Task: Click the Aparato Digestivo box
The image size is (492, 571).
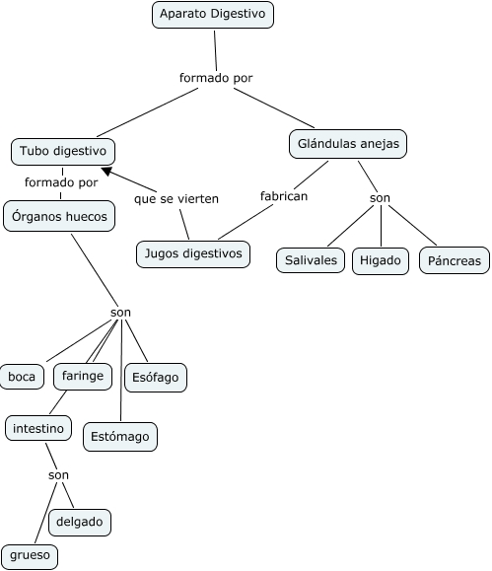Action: coord(213,15)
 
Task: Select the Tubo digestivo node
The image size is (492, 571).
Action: coord(63,152)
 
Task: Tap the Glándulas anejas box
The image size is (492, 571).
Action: coord(348,144)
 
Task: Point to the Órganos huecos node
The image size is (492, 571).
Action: coord(59,216)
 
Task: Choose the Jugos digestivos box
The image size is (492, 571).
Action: coord(193,254)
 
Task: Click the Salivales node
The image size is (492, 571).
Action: coord(311,260)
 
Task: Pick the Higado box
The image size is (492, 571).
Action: coord(381,260)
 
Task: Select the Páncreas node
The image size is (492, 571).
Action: coord(455,260)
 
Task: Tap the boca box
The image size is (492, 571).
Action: coord(22,377)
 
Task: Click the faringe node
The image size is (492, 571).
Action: coord(83,376)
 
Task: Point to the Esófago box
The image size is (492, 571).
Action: coord(156,378)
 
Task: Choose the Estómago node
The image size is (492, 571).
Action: coord(120,437)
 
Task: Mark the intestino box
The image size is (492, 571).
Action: coord(38,428)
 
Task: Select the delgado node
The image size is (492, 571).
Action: coord(80,523)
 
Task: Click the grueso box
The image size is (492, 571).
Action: coord(30,556)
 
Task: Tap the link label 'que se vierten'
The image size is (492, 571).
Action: coord(176,199)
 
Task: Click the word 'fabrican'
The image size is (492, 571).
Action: coord(284,196)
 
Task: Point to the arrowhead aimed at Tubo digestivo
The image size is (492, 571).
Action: coord(106,171)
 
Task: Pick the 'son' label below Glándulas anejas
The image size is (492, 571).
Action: coord(380,198)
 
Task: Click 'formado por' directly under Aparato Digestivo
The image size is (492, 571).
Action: coord(216,78)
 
